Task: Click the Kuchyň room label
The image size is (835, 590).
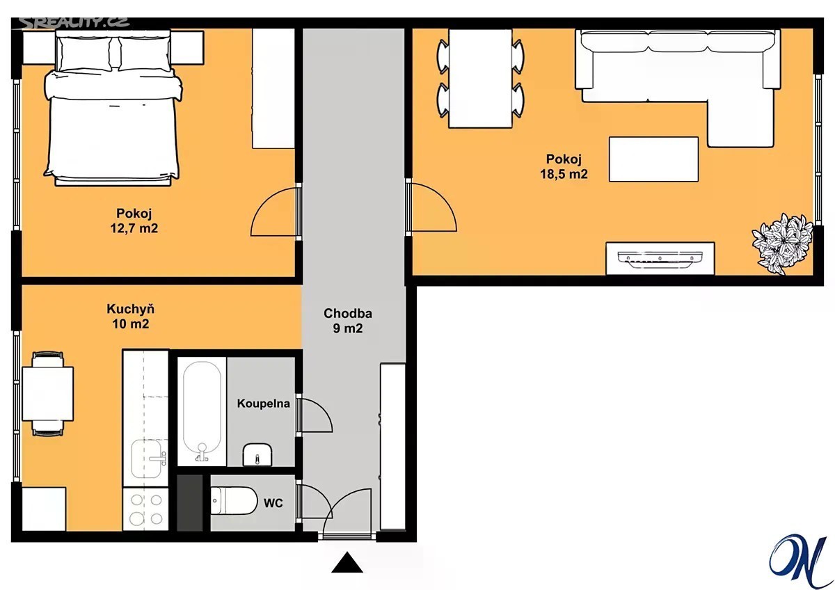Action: (x=131, y=309)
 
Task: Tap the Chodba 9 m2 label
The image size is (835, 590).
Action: (x=348, y=321)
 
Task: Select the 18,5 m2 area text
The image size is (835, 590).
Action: (x=564, y=174)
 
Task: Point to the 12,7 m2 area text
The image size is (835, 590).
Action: (x=134, y=228)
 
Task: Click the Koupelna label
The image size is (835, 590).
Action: (x=264, y=404)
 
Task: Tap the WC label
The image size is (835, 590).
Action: (x=273, y=503)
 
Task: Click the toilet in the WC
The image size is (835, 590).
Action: (x=234, y=500)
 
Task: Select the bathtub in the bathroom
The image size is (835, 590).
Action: (x=202, y=411)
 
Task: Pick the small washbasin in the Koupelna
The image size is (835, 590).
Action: (x=257, y=454)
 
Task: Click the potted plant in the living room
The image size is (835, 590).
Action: (x=782, y=244)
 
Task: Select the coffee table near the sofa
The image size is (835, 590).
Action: (x=654, y=159)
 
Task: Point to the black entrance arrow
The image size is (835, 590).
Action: (x=347, y=562)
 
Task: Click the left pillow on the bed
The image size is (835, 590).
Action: (x=84, y=53)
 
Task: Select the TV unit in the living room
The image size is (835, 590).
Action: (x=660, y=258)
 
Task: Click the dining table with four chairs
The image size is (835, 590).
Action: (x=481, y=79)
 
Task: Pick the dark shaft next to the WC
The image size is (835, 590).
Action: (x=190, y=503)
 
